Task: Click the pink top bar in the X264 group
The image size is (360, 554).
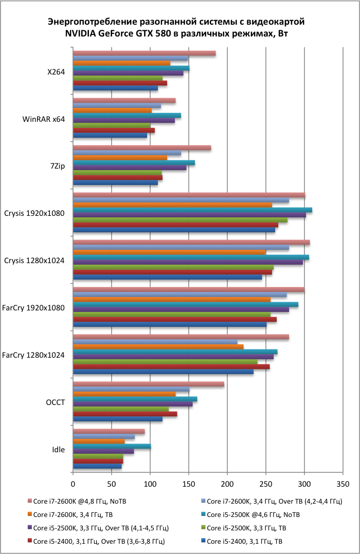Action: pos(144,53)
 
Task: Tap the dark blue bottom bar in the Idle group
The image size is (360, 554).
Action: pos(97,467)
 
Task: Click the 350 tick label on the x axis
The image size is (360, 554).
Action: pos(343,484)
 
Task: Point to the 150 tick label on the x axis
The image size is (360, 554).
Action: pos(189,484)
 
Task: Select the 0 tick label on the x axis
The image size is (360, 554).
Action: pos(73,484)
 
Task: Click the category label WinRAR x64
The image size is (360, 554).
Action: pos(44,119)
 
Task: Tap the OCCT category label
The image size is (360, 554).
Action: pos(55,402)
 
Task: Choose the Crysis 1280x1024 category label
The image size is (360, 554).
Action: pos(34,261)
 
